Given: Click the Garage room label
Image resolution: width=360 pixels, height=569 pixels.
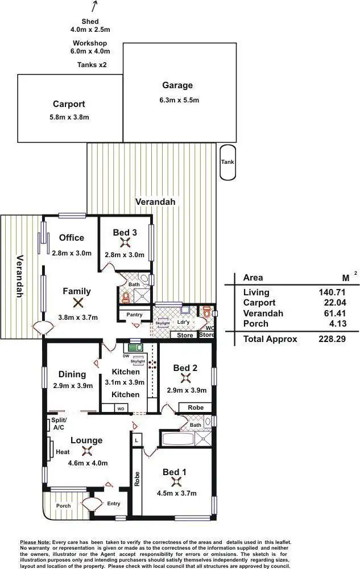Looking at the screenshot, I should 177,85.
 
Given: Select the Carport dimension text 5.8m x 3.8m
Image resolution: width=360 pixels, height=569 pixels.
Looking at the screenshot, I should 69,117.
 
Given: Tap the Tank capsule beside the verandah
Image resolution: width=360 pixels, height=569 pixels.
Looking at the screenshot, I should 227,162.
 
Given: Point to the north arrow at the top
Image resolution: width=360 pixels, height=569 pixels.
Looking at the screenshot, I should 94,6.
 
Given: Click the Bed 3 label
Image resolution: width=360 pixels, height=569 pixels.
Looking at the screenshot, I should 125,232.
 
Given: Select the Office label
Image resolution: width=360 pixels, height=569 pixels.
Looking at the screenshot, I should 72,238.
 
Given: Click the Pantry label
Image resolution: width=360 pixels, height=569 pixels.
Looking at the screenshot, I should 134,315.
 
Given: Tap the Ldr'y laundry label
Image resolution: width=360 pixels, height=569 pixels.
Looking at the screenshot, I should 183,322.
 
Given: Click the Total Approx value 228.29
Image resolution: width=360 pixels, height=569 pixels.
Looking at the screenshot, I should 332,339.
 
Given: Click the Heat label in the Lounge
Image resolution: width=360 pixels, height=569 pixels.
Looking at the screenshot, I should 63,452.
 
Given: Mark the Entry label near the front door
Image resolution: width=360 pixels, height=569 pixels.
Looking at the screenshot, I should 114,504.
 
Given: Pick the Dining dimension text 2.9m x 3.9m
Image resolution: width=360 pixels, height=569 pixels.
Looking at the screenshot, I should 72,385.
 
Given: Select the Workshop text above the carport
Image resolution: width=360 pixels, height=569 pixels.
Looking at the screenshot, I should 89,43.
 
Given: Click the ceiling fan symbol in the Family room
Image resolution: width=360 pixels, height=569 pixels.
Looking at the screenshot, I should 78,304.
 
